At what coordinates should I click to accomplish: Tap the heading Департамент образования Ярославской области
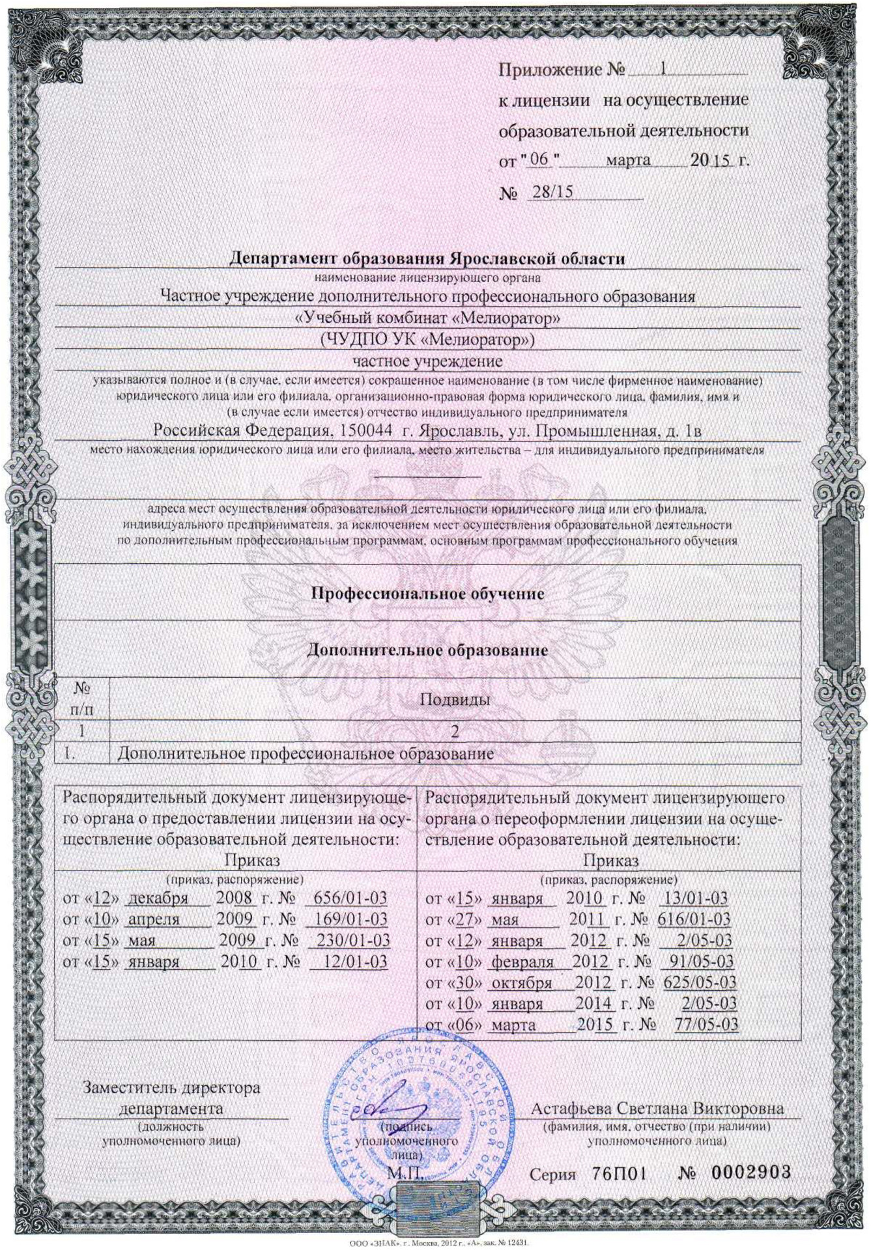tap(427, 258)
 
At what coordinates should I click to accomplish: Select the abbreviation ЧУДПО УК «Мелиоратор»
tap(427, 339)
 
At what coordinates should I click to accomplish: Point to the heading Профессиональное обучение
tap(427, 593)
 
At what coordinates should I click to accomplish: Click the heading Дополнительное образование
tap(427, 650)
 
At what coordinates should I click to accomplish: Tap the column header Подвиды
tap(454, 700)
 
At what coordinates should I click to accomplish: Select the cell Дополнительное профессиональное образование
tap(306, 754)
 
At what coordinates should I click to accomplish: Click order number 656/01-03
tap(350, 898)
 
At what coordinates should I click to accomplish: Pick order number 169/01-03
tap(351, 919)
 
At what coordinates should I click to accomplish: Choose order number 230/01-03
tap(354, 940)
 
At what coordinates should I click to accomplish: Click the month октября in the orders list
tap(521, 983)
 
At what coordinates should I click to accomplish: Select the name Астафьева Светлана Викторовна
tap(657, 1108)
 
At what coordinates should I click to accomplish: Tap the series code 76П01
tap(619, 1173)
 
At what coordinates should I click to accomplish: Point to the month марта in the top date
tap(628, 160)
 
